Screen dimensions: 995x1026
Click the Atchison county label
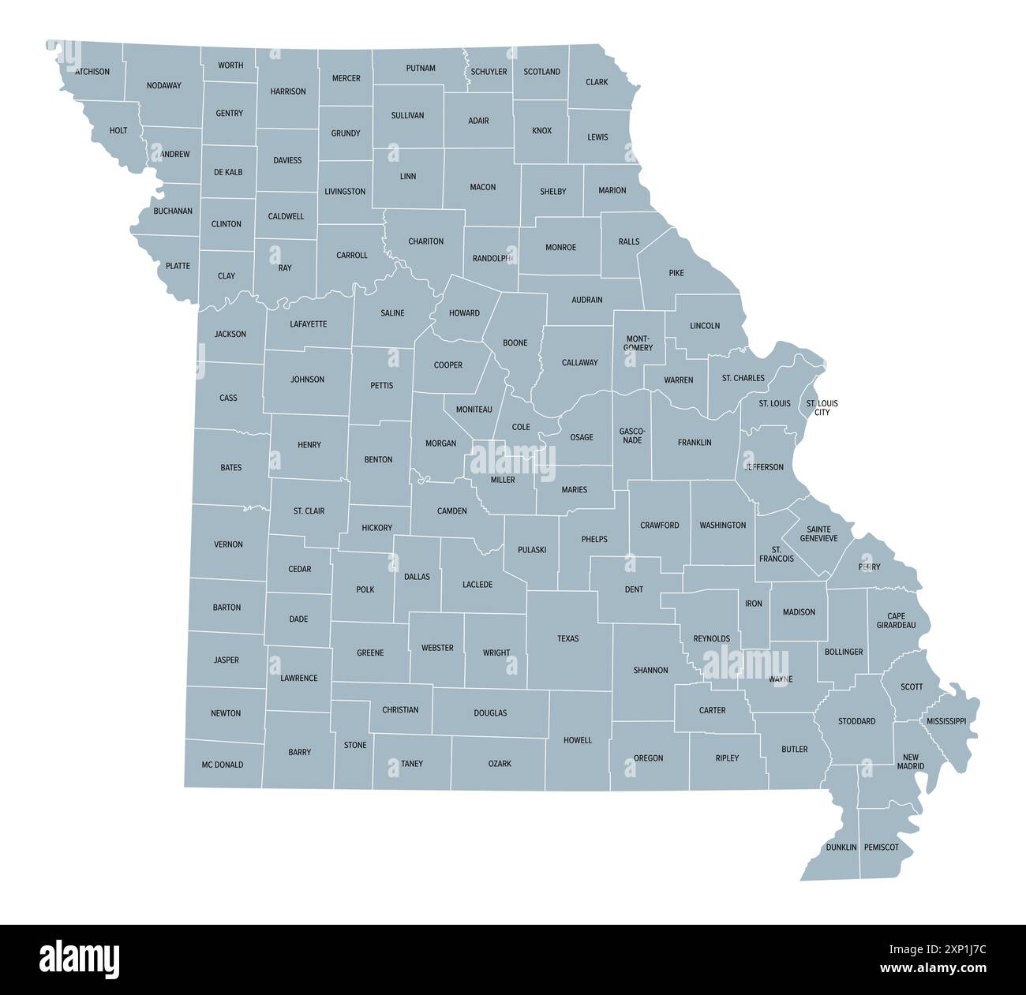point(92,71)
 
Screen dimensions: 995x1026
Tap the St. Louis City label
point(822,408)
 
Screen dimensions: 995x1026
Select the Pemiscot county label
point(881,847)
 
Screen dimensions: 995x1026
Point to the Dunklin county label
point(841,847)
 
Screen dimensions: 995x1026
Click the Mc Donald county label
point(223,765)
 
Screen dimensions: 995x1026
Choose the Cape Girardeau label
point(896,620)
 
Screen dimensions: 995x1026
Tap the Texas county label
point(567,638)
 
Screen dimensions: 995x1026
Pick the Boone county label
point(515,343)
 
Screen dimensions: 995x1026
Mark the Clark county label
point(597,82)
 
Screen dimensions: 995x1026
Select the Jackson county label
point(230,334)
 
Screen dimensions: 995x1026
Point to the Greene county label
point(370,653)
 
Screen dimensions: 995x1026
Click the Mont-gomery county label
point(638,343)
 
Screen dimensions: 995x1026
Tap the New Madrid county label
point(910,761)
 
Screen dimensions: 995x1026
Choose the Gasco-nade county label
point(632,435)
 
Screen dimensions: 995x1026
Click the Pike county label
point(676,273)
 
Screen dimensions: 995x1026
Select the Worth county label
point(230,65)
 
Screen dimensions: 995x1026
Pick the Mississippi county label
point(945,721)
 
